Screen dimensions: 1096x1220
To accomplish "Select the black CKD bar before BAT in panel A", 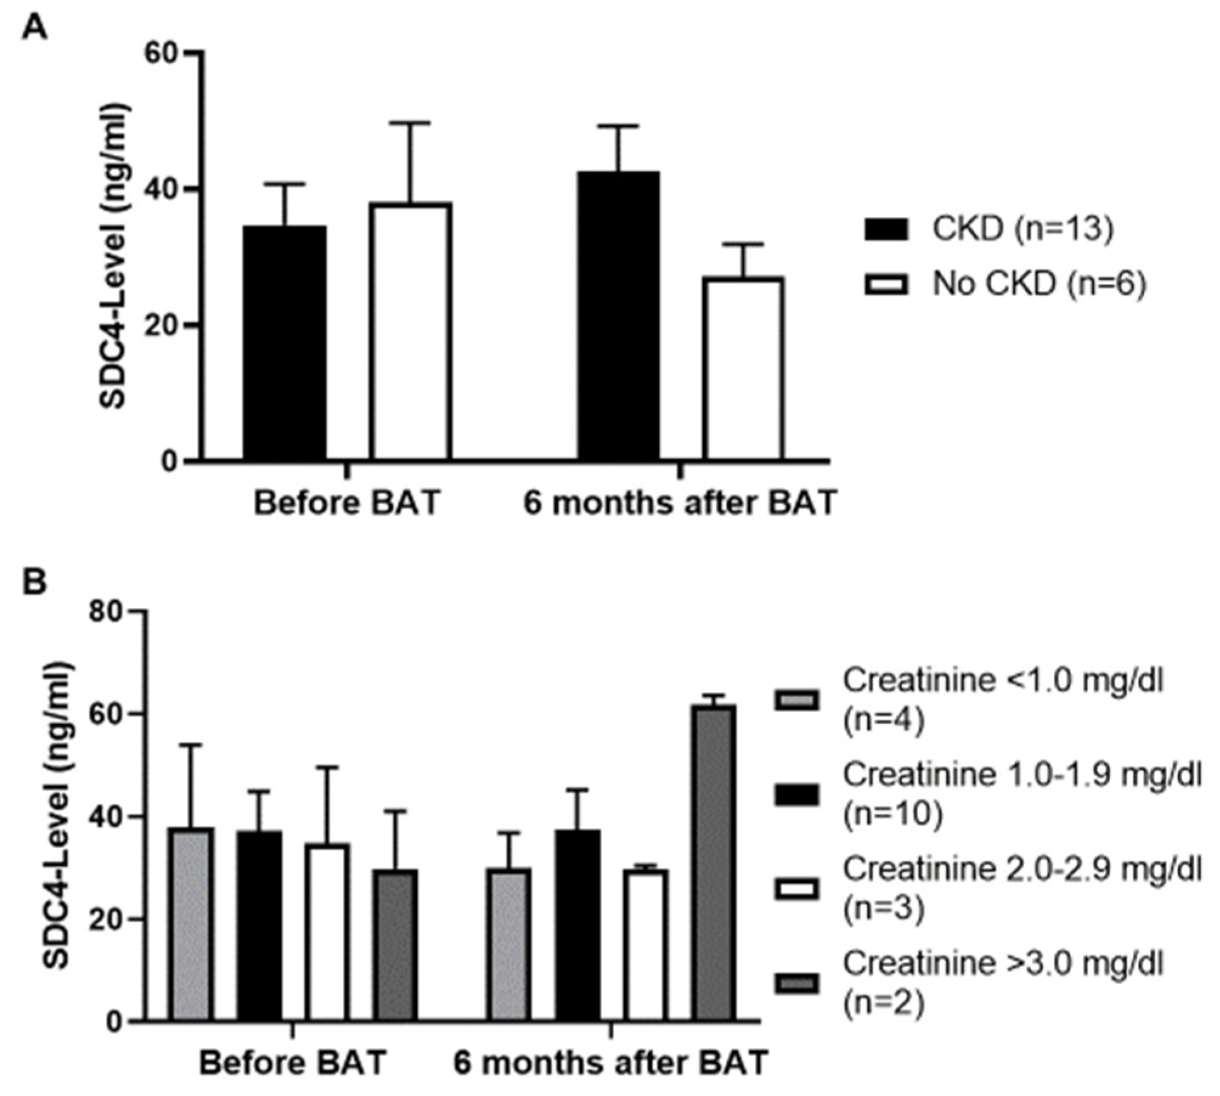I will (x=284, y=343).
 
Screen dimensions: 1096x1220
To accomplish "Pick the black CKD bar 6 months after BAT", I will (x=618, y=315).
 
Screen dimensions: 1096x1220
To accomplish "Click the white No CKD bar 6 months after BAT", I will (x=743, y=368).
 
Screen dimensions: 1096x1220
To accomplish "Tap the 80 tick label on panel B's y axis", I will (x=107, y=611).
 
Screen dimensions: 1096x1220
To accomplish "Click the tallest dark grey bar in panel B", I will (x=716, y=863).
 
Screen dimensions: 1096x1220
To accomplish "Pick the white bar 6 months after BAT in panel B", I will (x=648, y=945).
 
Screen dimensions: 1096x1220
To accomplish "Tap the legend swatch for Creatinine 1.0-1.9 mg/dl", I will (x=796, y=795).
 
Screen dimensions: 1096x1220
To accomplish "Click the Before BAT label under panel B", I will (x=293, y=1063).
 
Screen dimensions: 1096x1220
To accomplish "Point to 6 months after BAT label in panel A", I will (x=680, y=503).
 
